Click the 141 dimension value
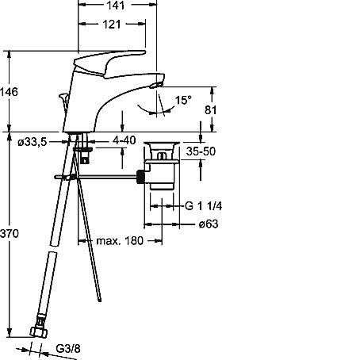pyautogui.click(x=115, y=5)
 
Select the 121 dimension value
pyautogui.click(x=112, y=25)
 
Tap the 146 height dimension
pyautogui.click(x=9, y=92)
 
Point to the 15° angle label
pyautogui.click(x=183, y=100)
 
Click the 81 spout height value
pyautogui.click(x=211, y=110)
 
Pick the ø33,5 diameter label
pyautogui.click(x=32, y=142)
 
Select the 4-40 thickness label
pyautogui.click(x=124, y=140)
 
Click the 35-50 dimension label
pyautogui.click(x=201, y=151)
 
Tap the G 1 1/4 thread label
pyautogui.click(x=203, y=206)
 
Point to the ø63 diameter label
pyautogui.click(x=209, y=224)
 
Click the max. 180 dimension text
pyautogui.click(x=120, y=241)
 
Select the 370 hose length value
pyautogui.click(x=10, y=234)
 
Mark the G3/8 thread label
pyautogui.click(x=68, y=349)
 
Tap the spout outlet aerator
pyautogui.click(x=155, y=85)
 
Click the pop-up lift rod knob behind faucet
pyautogui.click(x=63, y=97)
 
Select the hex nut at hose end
pyautogui.click(x=39, y=332)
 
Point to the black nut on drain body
pyautogui.click(x=141, y=176)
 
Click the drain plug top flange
pyautogui.click(x=162, y=144)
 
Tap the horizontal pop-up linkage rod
pyautogui.click(x=96, y=177)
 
